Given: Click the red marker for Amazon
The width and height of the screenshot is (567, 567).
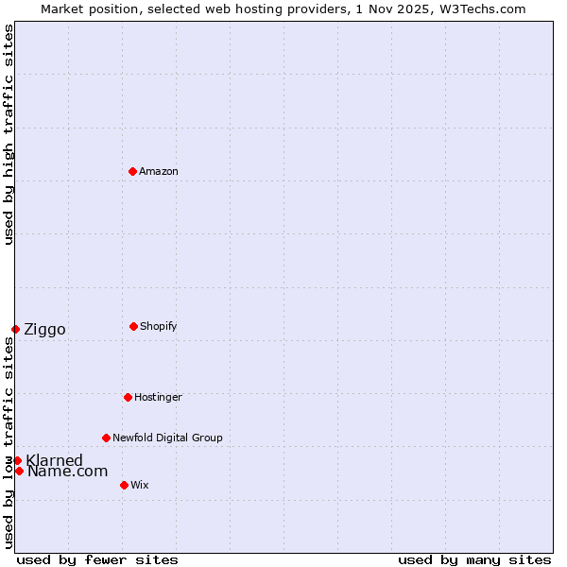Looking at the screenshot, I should pyautogui.click(x=132, y=171).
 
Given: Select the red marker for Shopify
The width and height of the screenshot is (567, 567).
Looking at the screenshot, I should pyautogui.click(x=133, y=326).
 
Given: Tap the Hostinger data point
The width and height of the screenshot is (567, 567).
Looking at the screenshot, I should pyautogui.click(x=128, y=397).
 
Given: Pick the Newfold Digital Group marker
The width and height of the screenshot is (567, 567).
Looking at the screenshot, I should pyautogui.click(x=106, y=438).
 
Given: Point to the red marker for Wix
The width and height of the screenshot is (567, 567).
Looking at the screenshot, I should pyautogui.click(x=124, y=485).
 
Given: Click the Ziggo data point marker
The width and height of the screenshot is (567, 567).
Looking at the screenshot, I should pyautogui.click(x=15, y=329).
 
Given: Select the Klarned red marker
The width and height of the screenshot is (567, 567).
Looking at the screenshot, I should pyautogui.click(x=17, y=460).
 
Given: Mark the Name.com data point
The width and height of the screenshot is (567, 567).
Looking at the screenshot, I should pyautogui.click(x=19, y=471).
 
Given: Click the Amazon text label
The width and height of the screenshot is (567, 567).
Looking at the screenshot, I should pyautogui.click(x=158, y=171).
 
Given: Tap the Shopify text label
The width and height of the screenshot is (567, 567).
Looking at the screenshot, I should pyautogui.click(x=158, y=326).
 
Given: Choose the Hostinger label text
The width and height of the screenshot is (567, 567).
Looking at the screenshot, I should pyautogui.click(x=158, y=397).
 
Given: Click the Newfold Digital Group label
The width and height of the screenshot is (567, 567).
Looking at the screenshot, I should pyautogui.click(x=167, y=438).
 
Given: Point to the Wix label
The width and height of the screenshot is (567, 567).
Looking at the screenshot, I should pyautogui.click(x=139, y=485).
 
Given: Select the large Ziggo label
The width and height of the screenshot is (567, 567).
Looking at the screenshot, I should pyautogui.click(x=44, y=329).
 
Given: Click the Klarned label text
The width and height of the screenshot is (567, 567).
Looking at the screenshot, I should pyautogui.click(x=55, y=460).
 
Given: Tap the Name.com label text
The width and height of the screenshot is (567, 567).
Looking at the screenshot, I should pyautogui.click(x=67, y=471).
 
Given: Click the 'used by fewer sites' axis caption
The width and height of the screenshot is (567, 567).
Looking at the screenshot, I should pyautogui.click(x=97, y=559).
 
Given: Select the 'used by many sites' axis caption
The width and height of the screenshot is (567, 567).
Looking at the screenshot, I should pyautogui.click(x=474, y=559).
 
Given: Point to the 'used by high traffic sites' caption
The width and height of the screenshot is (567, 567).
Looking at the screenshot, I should pyautogui.click(x=9, y=134).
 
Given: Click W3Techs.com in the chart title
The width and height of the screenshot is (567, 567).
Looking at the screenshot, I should pyautogui.click(x=479, y=9).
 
